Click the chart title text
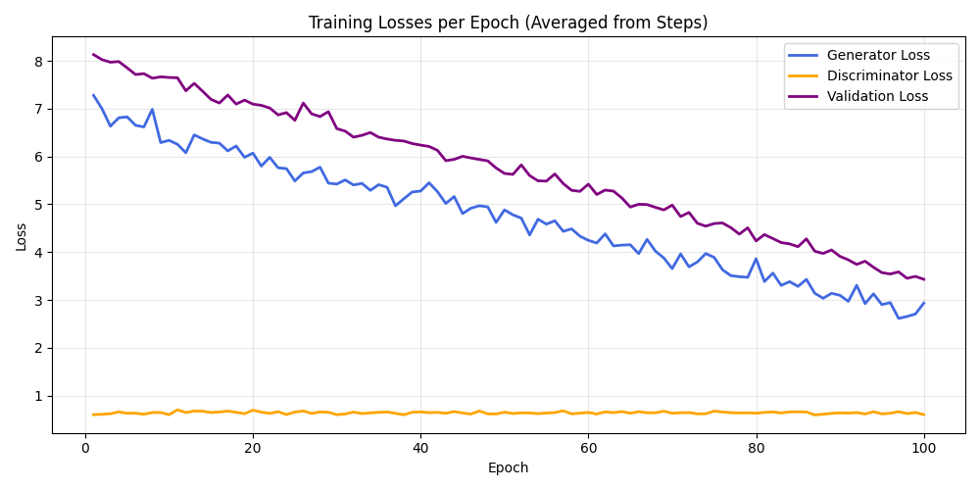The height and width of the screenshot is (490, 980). point(508,23)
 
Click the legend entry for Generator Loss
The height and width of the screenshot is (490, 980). point(878,55)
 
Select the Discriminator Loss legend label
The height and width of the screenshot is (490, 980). point(889,75)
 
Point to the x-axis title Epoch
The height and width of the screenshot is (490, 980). point(508,468)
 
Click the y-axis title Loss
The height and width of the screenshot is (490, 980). point(22,235)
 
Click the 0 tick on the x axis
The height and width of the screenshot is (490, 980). point(85,448)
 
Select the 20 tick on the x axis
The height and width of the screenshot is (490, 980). point(253,448)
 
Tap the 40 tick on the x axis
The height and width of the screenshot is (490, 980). point(420,448)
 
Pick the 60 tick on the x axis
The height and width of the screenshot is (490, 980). point(588,448)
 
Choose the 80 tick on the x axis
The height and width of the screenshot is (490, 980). point(756,448)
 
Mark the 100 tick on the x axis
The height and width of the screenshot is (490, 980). point(923,448)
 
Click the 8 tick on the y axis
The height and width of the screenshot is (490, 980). point(39,61)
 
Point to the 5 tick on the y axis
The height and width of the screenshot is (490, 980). point(39,205)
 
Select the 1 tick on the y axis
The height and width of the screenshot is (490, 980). point(39,396)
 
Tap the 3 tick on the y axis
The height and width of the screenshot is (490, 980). point(39,300)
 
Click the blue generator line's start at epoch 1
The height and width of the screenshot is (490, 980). point(93,95)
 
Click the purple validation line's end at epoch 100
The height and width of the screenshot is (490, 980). point(923,279)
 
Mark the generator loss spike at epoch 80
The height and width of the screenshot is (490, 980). point(756,259)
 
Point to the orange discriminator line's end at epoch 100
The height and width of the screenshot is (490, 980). point(923,415)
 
